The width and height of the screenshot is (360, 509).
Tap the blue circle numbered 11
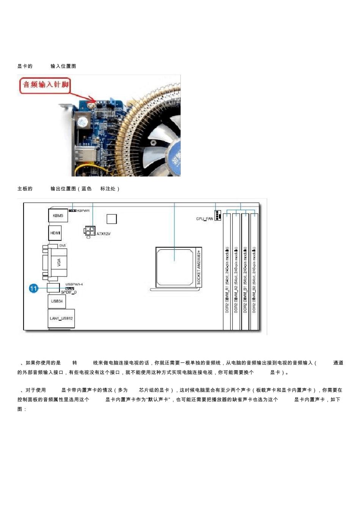coord(34,289)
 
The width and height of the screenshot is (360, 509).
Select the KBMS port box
coord(58,215)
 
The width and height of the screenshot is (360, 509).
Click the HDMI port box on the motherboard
coord(55,233)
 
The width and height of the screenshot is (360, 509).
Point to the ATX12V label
coord(103,234)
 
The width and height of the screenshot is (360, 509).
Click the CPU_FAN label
coord(204,219)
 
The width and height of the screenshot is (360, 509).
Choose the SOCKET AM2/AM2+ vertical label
coord(199,267)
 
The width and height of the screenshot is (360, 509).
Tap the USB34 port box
coord(57,301)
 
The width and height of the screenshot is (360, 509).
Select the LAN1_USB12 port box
coord(61,319)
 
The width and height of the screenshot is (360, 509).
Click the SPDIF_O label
coord(69,292)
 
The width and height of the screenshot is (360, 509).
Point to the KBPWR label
coord(83,211)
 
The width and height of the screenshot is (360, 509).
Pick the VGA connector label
coord(59,262)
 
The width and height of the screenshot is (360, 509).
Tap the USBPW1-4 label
coord(74,284)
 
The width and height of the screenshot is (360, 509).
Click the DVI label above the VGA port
coord(63,245)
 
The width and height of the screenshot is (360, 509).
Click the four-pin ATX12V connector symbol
coord(89,231)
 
